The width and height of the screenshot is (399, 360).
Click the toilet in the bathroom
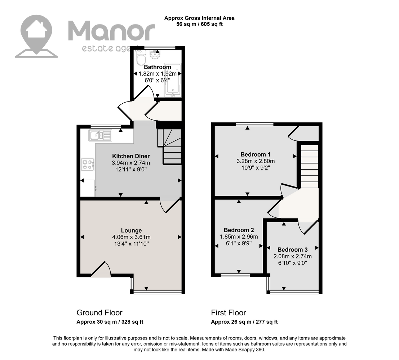[141, 58]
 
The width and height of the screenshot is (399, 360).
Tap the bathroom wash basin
[155, 54]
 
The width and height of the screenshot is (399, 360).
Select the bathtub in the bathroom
[173, 80]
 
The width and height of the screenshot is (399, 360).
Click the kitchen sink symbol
[100, 135]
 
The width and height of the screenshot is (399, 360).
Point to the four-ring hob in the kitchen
[88, 165]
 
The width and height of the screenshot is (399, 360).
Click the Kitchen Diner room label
[131, 156]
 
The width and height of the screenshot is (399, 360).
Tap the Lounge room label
[131, 230]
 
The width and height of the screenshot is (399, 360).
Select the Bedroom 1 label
[256, 154]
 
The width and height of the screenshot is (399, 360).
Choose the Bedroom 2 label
[239, 230]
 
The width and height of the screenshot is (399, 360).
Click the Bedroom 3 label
[293, 250]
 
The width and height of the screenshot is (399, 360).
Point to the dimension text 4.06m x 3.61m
[131, 237]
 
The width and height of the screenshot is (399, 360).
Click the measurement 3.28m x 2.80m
[256, 161]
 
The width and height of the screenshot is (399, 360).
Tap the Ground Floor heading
[99, 313]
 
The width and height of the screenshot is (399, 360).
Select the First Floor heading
[229, 313]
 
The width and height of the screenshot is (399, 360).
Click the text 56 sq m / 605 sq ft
[200, 24]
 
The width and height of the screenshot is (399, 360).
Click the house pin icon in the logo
[36, 36]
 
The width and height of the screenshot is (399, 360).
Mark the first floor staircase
[309, 167]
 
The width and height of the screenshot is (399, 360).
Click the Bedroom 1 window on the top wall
[254, 124]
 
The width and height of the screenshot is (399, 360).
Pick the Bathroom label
[158, 67]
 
